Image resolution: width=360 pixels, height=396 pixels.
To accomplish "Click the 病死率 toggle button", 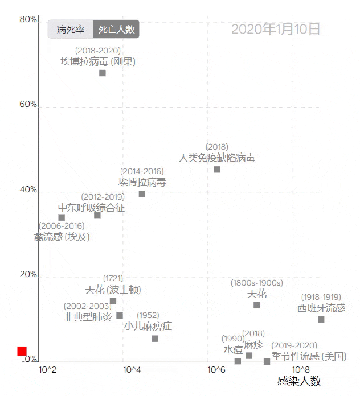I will (71, 29).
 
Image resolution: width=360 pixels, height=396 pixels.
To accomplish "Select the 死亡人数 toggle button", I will (116, 29).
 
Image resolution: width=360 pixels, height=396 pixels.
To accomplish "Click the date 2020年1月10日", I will (276, 29).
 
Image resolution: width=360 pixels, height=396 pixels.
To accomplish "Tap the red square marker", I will (22, 352).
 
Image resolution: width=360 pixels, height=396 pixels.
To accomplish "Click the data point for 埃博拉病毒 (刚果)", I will (103, 73).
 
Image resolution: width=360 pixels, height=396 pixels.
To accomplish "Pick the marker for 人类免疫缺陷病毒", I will (217, 169).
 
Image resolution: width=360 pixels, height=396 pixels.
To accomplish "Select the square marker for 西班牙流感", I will (321, 319).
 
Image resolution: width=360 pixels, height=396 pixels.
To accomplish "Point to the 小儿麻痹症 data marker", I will (155, 339).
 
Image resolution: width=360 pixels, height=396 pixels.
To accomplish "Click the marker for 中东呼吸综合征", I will (97, 215).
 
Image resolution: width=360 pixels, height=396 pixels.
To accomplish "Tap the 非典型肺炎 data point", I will (120, 316).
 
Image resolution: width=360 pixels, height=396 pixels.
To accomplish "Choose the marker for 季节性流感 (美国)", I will (267, 361).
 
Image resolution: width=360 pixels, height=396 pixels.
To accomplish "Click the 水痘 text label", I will (233, 349).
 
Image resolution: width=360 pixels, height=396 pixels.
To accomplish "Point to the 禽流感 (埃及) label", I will (62, 236).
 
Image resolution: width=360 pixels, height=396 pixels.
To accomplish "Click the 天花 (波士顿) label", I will (113, 290).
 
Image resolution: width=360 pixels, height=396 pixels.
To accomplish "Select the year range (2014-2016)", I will (142, 171).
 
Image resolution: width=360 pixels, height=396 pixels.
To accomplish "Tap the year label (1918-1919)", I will (321, 297).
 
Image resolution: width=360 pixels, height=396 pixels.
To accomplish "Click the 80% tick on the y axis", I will (28, 20).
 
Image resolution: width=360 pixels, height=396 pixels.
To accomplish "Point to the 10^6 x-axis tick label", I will (216, 370).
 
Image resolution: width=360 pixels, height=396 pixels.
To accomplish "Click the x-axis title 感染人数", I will (299, 381).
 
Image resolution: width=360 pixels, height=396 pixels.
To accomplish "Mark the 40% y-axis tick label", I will (28, 189).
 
